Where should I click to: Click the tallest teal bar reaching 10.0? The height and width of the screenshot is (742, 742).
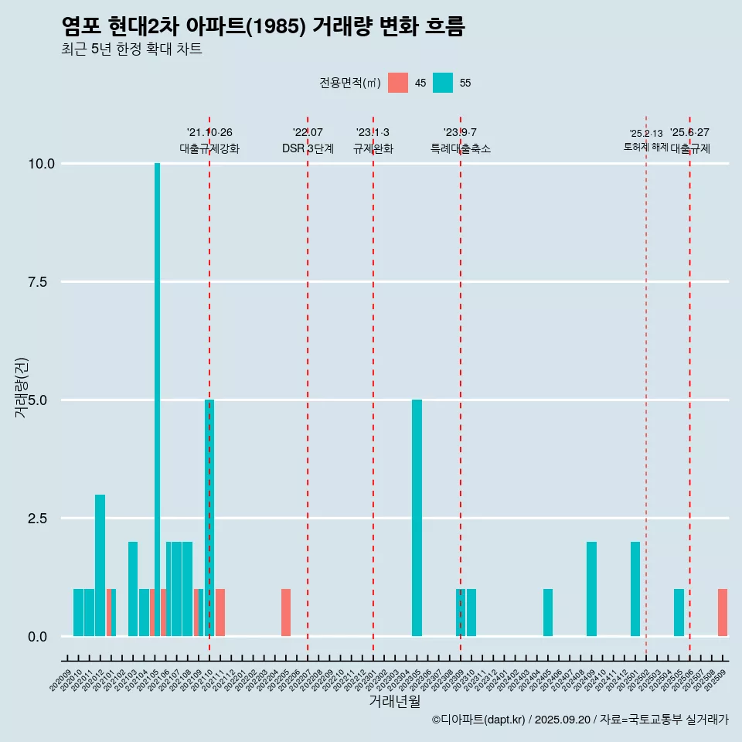click(x=157, y=400)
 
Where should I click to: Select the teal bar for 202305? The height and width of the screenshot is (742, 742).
click(x=417, y=518)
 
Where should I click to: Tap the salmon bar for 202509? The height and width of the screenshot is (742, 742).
click(x=723, y=613)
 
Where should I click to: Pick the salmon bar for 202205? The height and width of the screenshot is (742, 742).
click(x=286, y=613)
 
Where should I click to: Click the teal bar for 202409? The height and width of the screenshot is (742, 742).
click(x=591, y=589)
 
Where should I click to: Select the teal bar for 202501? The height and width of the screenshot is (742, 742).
click(x=635, y=589)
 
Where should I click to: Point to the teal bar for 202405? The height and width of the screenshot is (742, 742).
click(x=548, y=613)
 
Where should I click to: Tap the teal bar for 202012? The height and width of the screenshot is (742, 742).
click(x=100, y=566)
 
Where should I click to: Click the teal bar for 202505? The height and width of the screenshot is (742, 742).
click(x=679, y=613)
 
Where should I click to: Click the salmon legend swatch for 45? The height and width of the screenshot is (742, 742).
click(x=398, y=83)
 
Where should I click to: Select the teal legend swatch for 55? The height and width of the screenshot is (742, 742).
click(x=443, y=83)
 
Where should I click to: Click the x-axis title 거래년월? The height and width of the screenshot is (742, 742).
click(x=395, y=702)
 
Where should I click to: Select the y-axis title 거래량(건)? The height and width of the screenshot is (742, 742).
click(x=22, y=387)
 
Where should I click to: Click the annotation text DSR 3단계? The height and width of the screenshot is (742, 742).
click(x=308, y=148)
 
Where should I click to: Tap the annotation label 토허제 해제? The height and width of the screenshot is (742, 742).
click(x=645, y=147)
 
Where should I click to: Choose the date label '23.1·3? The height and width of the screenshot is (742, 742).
click(x=373, y=133)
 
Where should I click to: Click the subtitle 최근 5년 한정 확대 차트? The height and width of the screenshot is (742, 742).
click(x=131, y=49)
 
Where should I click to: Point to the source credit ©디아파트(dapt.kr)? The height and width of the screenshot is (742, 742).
click(x=478, y=720)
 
